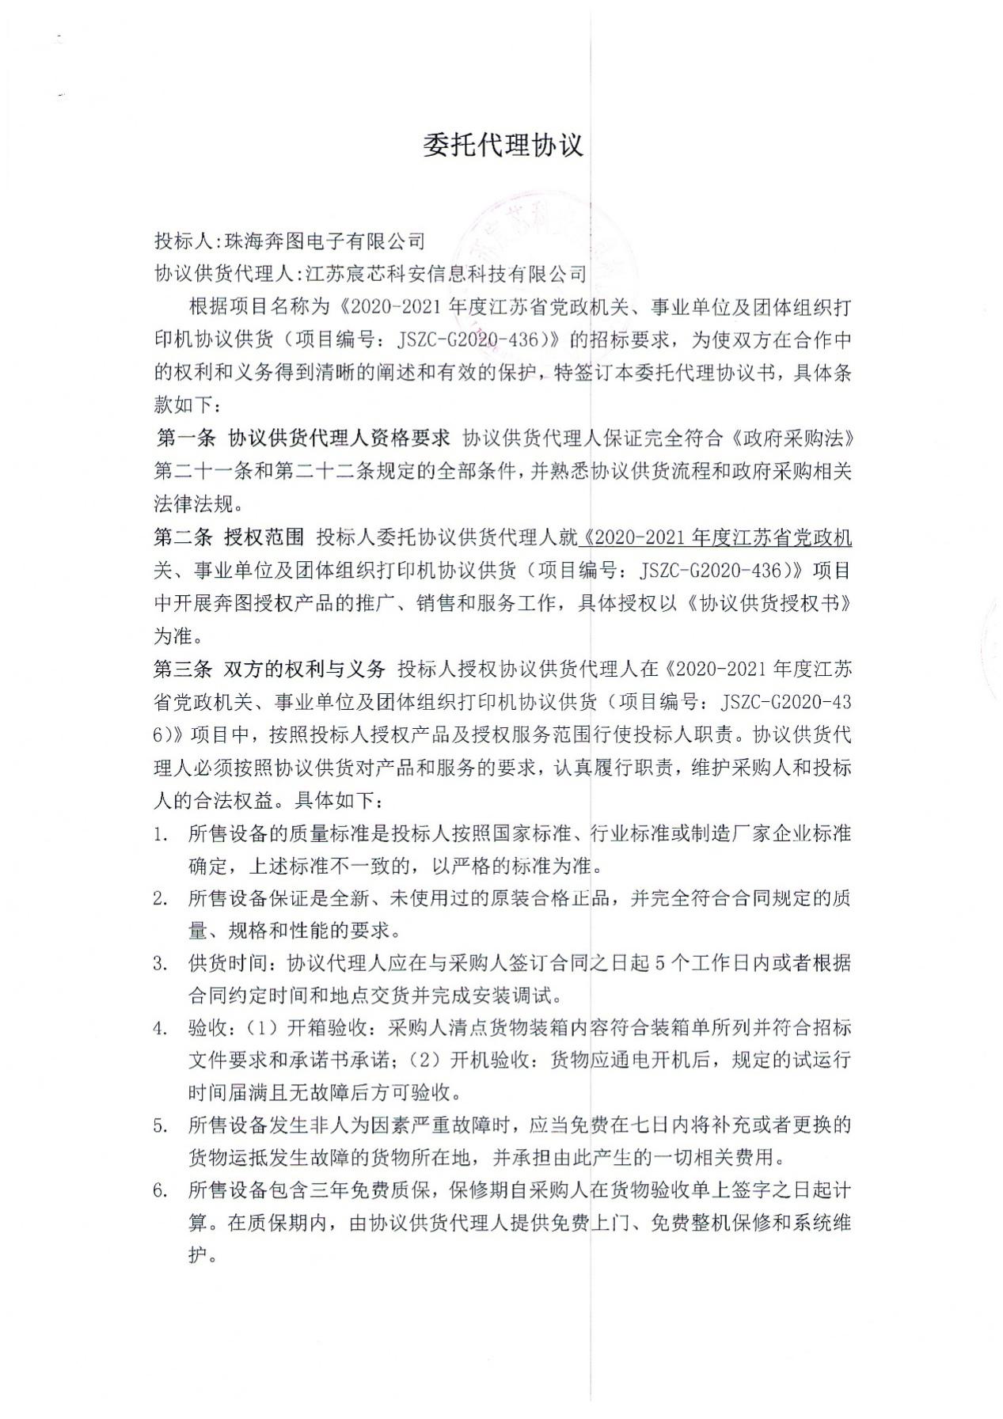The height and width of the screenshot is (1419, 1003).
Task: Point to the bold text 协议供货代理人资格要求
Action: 339,438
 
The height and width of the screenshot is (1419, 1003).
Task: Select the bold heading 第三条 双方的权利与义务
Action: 269,670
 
